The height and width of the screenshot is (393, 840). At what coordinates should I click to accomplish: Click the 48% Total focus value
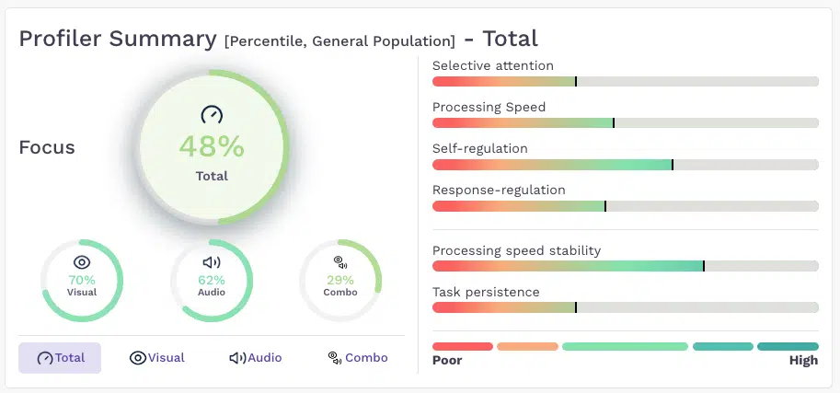(x=212, y=146)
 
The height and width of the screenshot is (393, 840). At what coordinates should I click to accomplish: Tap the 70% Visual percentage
(x=82, y=280)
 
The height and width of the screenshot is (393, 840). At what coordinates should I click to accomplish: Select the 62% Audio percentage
(x=212, y=280)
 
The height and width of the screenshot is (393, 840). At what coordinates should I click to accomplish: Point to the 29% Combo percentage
(x=340, y=280)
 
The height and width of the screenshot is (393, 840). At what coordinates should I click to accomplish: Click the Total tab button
(x=60, y=358)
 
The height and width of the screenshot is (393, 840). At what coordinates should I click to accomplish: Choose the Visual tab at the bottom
(x=157, y=358)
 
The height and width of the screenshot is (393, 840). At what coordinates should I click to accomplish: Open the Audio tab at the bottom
(x=256, y=358)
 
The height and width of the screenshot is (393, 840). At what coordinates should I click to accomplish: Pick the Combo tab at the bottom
(x=357, y=358)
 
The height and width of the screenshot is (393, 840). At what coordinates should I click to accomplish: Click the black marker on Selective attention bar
(x=576, y=82)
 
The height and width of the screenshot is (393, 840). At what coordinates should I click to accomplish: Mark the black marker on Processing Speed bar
(x=614, y=122)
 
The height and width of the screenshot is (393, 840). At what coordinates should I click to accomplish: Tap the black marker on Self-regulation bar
(x=673, y=165)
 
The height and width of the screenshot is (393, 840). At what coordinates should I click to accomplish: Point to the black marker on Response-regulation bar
(x=605, y=206)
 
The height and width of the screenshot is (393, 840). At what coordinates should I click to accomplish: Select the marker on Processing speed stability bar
(x=704, y=266)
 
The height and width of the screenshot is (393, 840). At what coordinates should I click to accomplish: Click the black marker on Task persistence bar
(x=576, y=307)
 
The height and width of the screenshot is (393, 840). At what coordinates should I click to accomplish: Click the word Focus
(x=47, y=147)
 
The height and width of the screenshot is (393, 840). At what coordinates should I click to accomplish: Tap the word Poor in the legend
(x=447, y=360)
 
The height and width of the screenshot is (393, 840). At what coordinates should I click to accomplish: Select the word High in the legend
(x=803, y=360)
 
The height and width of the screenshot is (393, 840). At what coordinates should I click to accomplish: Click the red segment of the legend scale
(x=462, y=346)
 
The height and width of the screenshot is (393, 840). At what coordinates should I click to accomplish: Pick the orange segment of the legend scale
(x=528, y=346)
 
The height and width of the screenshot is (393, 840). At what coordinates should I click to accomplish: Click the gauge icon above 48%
(x=212, y=114)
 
